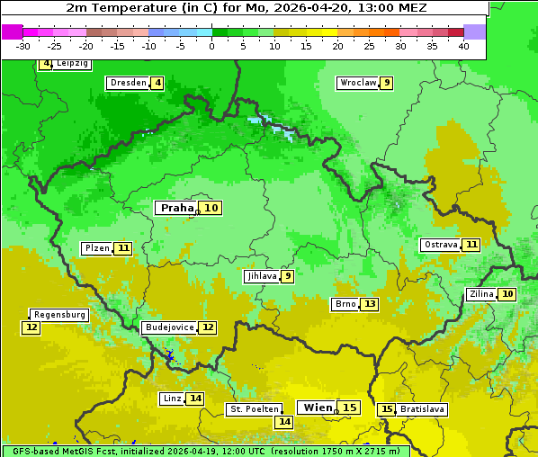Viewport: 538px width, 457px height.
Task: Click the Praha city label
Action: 176,208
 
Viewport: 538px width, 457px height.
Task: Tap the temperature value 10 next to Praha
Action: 211,208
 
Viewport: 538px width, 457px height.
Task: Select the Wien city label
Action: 318,408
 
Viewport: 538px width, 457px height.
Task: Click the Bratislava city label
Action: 422,409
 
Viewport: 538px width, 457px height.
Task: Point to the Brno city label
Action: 345,304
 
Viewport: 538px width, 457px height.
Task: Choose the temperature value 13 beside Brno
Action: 370,304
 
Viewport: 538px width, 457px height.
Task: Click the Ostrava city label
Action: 440,245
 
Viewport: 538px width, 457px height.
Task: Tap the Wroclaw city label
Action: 357,83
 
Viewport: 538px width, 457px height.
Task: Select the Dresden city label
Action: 128,83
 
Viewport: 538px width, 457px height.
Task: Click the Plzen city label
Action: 97,248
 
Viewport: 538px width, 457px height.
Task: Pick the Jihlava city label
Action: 262,276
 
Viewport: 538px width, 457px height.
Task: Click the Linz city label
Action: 172,399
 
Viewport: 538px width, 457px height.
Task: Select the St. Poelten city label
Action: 255,409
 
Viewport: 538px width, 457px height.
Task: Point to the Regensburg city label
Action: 59,315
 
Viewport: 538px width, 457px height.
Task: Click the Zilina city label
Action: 481,294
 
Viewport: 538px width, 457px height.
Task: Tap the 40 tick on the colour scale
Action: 463,46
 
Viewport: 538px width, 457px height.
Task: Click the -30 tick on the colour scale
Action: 23,46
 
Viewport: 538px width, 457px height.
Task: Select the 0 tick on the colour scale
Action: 211,46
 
